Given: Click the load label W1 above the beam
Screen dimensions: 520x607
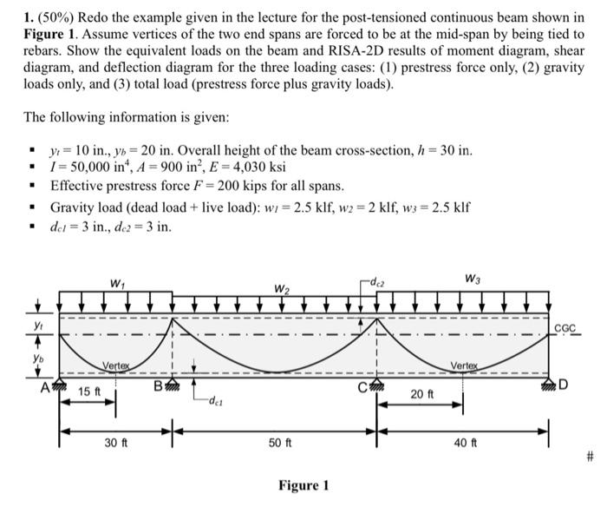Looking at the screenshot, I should point(115,283).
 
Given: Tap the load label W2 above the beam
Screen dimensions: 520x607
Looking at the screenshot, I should point(282,288).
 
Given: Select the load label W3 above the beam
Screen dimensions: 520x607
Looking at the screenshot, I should point(473,280).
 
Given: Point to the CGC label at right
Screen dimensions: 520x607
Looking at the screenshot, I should point(566,330).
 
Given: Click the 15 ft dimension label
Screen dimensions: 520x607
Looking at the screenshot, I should point(89,392).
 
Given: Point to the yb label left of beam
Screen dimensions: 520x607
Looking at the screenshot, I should point(36,356).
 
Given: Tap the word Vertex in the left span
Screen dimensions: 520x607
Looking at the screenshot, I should point(117,365).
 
